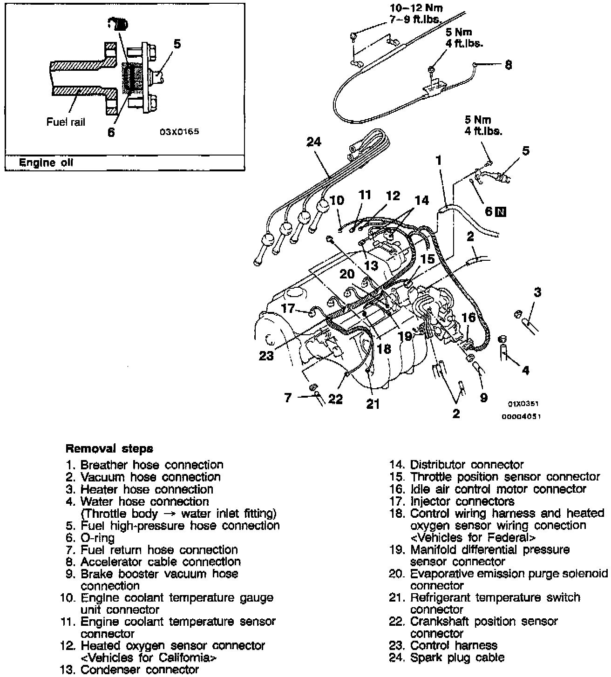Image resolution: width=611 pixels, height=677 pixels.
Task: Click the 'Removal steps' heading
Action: coord(109,449)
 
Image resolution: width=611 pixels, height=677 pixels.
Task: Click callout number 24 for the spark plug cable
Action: coord(314,142)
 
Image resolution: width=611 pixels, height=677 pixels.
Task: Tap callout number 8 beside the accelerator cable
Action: coord(508,65)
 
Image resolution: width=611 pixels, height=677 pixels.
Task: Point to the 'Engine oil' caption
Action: coord(46,163)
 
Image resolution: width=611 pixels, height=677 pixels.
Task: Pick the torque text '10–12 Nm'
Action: coord(416,8)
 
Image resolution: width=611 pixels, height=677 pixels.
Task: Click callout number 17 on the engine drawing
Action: coord(288,308)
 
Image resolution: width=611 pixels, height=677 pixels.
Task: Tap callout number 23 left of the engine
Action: coord(267,356)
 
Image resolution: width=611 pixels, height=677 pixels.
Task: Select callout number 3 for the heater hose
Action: coord(537,292)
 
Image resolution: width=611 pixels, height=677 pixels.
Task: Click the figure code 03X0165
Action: coord(179,132)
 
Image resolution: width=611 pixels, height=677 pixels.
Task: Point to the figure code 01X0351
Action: coord(523,404)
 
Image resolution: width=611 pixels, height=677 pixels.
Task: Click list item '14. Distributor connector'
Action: coord(456,465)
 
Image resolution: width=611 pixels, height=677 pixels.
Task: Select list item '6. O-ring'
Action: coord(90,538)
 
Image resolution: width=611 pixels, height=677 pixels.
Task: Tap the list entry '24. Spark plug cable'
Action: coord(447,657)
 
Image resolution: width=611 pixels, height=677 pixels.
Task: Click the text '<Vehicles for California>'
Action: coord(149,658)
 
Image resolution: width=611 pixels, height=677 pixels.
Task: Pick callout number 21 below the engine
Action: coord(373,404)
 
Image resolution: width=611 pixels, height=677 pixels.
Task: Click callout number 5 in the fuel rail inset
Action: coord(177,44)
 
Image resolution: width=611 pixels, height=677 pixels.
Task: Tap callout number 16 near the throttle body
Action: coord(468,318)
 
